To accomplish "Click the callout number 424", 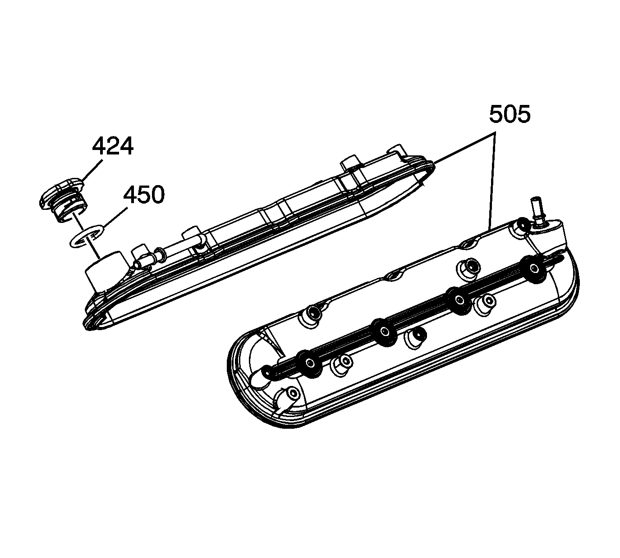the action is click(x=113, y=146).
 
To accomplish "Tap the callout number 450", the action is click(x=144, y=195).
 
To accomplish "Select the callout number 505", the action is click(x=510, y=114).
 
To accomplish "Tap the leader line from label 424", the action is click(x=92, y=169).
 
